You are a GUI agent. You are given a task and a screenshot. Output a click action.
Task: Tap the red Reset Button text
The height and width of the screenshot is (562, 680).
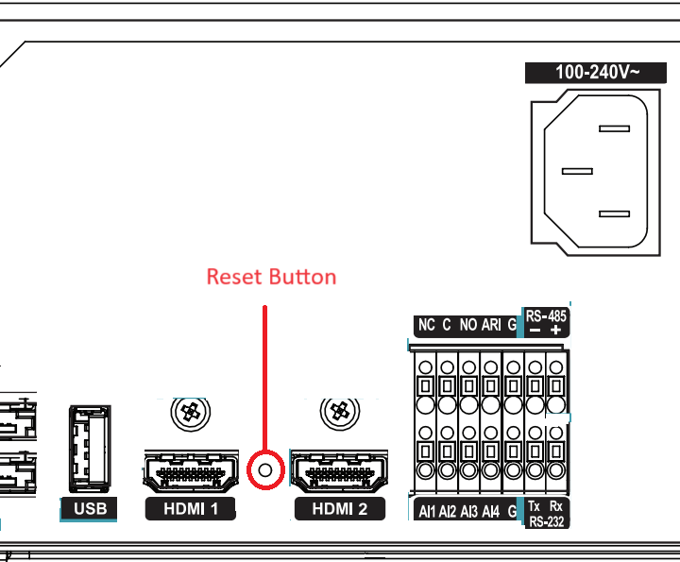[271, 277]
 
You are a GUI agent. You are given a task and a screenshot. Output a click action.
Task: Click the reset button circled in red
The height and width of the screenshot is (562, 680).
[265, 470]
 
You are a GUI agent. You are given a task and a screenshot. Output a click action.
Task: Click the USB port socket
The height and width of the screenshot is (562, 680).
[90, 449]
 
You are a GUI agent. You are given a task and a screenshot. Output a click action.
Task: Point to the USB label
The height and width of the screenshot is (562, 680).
[91, 509]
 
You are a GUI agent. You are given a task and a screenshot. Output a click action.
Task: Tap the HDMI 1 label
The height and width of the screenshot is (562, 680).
[191, 509]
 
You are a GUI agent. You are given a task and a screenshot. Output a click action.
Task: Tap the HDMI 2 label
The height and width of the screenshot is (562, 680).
[340, 509]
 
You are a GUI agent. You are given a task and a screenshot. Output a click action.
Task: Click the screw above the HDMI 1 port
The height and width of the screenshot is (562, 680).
[191, 412]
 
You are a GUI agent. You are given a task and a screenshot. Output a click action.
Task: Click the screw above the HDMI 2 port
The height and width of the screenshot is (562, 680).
[340, 411]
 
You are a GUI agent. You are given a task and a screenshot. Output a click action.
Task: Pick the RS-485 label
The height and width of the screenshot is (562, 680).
[546, 316]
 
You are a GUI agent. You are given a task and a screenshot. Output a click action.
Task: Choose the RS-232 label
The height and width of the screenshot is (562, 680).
[547, 521]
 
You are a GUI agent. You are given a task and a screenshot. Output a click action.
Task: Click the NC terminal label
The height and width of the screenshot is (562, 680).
[426, 325]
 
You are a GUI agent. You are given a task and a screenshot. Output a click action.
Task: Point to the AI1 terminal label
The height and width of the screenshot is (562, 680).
[427, 512]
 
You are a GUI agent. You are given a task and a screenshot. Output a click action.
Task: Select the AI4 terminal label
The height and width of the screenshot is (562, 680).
[491, 512]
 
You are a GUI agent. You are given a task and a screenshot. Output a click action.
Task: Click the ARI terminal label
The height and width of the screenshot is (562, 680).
[491, 325]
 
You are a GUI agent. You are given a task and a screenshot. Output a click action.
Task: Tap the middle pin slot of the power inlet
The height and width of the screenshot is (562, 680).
[577, 171]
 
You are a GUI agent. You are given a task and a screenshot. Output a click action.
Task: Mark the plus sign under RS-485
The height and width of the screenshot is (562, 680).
[555, 330]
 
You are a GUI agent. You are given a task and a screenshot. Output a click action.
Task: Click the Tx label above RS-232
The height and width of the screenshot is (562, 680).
[535, 506]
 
